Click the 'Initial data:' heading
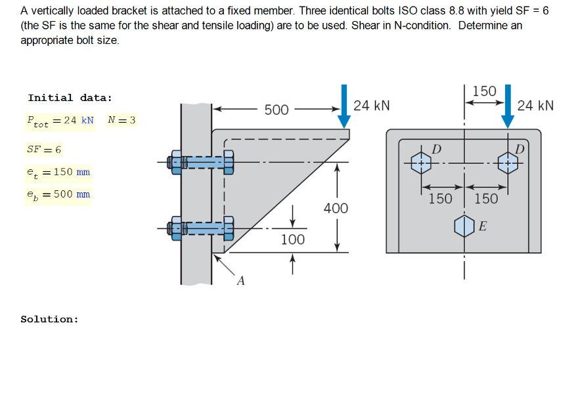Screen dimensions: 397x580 pos(70,98)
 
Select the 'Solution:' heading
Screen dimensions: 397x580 pos(49,320)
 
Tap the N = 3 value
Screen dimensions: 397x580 pos(122,120)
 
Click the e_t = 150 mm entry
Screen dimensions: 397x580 pos(58,172)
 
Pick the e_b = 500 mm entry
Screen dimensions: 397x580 pos(58,194)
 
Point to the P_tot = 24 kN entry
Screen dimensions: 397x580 pos(60,121)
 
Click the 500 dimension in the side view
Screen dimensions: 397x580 pos(277,110)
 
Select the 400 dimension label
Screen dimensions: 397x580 pos(336,209)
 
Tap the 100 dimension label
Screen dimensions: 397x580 pos(292,240)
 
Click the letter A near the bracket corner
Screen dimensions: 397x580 pos(240,281)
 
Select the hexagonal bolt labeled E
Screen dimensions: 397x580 pos(464,226)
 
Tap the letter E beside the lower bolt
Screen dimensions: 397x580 pos(483,226)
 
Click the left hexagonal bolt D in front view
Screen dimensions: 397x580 pos(421,162)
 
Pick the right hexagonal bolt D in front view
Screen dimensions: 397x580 pos(508,162)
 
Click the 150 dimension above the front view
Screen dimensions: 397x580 pos(485,91)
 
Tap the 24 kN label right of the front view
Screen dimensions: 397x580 pos(535,106)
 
